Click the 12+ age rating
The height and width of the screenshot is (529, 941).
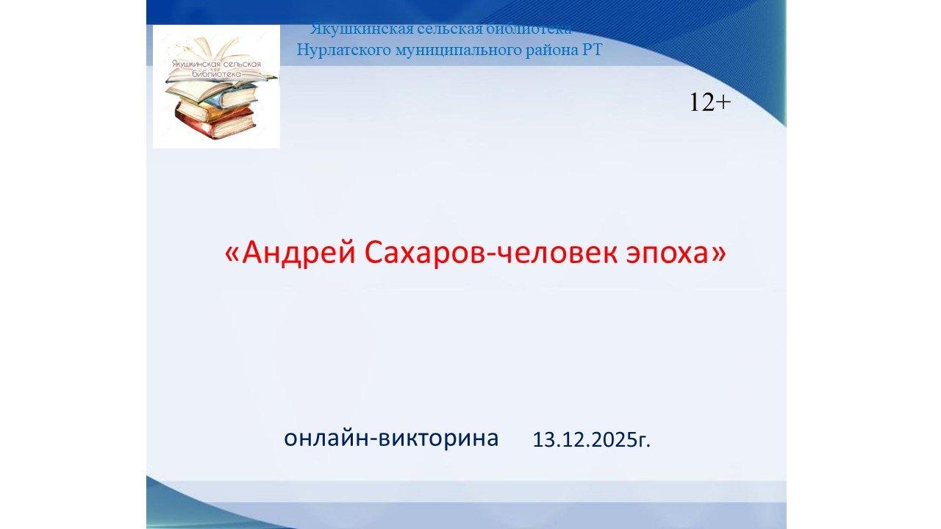[709, 103]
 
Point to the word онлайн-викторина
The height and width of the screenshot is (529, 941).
[391, 437]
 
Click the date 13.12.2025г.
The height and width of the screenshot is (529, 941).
[592, 440]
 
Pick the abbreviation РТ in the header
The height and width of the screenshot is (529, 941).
[591, 50]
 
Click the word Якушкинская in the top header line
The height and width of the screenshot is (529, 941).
[351, 29]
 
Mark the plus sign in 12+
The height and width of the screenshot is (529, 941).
[723, 103]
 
